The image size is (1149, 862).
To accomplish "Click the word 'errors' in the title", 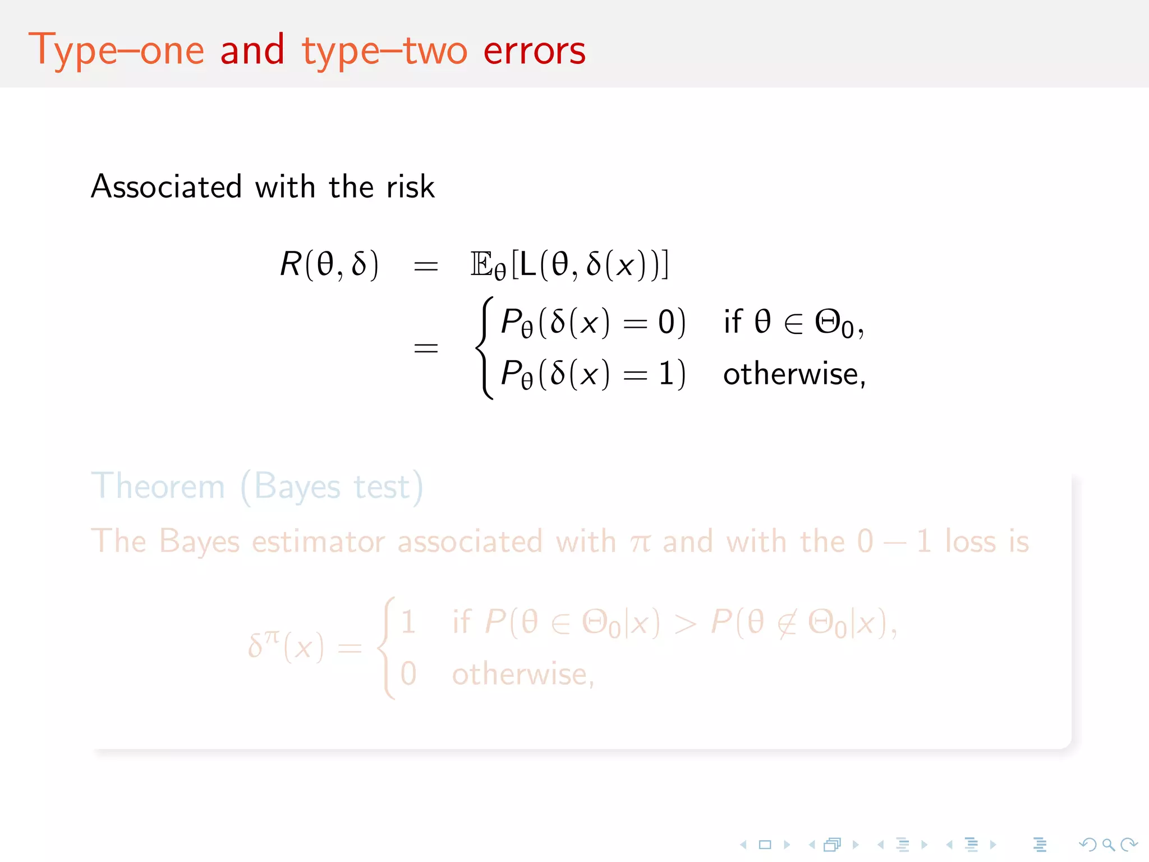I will [534, 51].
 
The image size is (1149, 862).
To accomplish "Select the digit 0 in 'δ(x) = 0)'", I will [667, 322].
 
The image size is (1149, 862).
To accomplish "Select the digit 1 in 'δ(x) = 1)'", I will [667, 374].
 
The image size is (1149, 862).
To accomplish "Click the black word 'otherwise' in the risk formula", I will [790, 374].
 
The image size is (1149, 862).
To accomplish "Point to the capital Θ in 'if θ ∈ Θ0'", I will [828, 322].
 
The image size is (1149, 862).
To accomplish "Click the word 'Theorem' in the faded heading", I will [158, 486].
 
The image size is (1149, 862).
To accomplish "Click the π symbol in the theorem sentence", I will [640, 543].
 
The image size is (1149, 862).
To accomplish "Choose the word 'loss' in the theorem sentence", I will [970, 542].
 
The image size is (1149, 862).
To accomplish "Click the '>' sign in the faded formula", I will [686, 623].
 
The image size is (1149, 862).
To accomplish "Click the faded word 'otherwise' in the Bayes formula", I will [520, 674].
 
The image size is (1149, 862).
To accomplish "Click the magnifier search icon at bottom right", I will [1108, 844].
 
